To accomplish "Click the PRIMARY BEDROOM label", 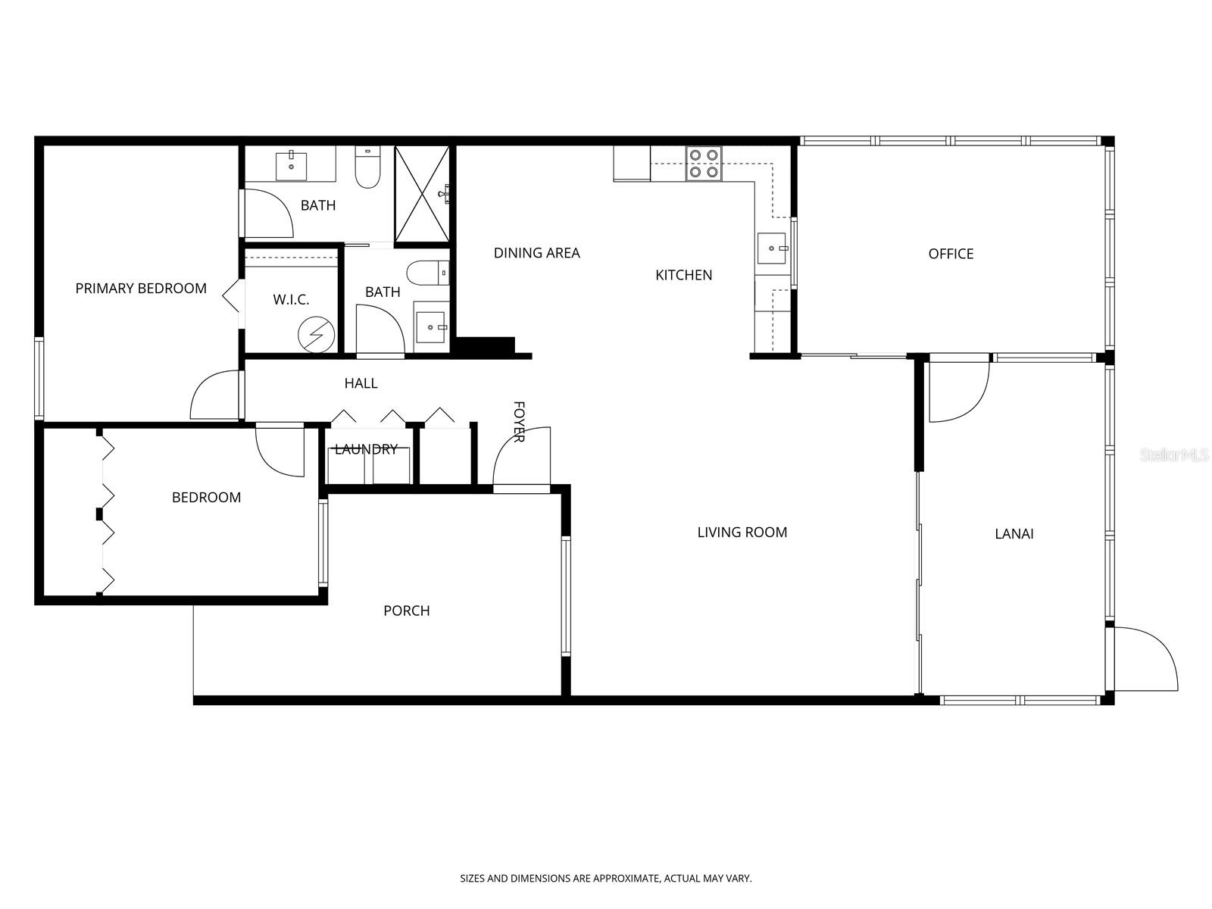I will pyautogui.click(x=141, y=289).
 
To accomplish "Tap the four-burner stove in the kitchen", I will pyautogui.click(x=703, y=164).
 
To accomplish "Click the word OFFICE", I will pyautogui.click(x=951, y=254).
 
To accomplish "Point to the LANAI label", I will pyautogui.click(x=1014, y=534).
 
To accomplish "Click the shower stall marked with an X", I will pyautogui.click(x=422, y=194).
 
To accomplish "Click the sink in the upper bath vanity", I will pyautogui.click(x=291, y=164).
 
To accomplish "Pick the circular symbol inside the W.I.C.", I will pyautogui.click(x=316, y=334).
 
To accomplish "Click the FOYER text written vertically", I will pyautogui.click(x=519, y=422).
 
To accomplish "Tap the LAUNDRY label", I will pyautogui.click(x=366, y=449).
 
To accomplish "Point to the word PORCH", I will pyautogui.click(x=407, y=611).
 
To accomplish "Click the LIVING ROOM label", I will pyautogui.click(x=742, y=533).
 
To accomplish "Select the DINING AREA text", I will pyautogui.click(x=536, y=253).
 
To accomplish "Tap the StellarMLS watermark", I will pyautogui.click(x=1175, y=455).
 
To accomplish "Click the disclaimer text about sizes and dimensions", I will pyautogui.click(x=606, y=879).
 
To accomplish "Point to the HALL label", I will pyautogui.click(x=361, y=383).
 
